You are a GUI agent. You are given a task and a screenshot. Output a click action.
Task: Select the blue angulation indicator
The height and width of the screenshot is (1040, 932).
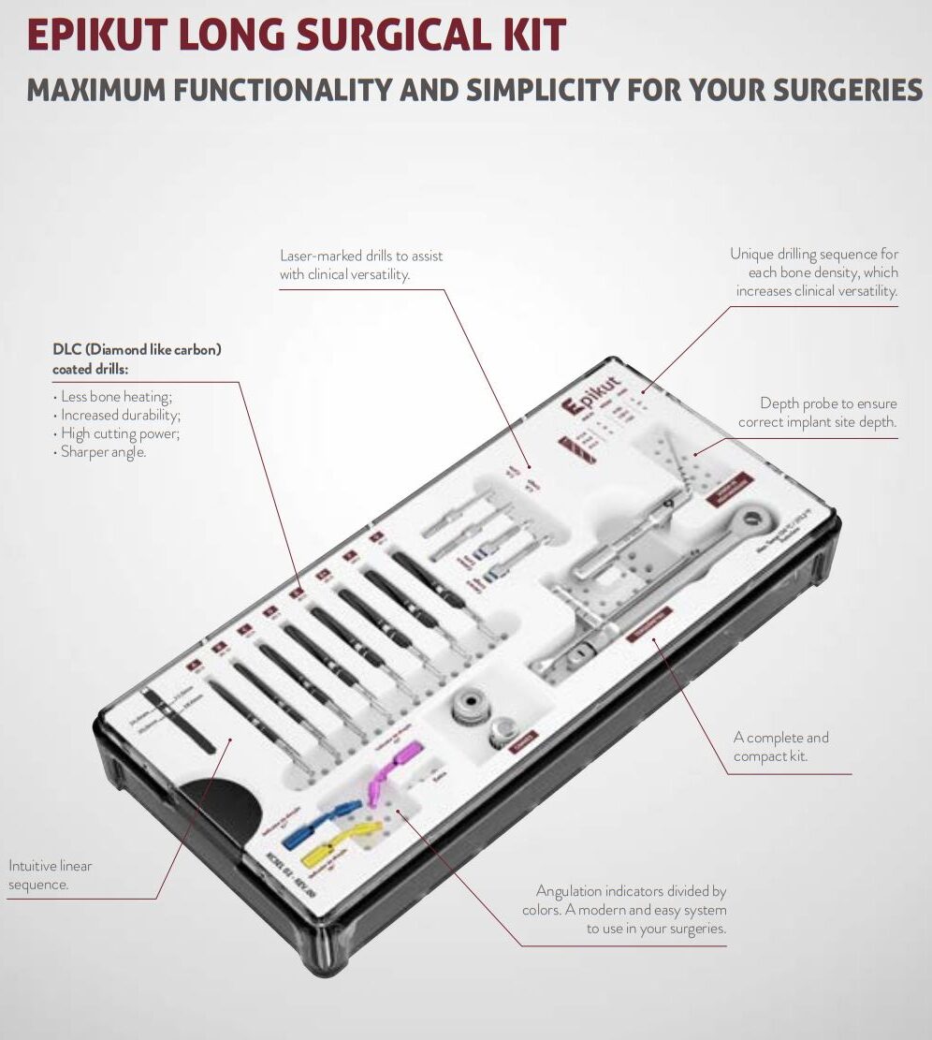[x=318, y=823]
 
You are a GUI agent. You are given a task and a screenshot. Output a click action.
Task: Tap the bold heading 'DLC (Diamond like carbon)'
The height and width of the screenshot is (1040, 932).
[x=137, y=350]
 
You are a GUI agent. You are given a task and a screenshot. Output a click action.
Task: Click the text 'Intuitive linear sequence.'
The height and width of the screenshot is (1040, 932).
[x=51, y=875]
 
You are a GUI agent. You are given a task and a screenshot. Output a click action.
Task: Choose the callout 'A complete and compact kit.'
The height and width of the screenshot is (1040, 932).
[x=780, y=747]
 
